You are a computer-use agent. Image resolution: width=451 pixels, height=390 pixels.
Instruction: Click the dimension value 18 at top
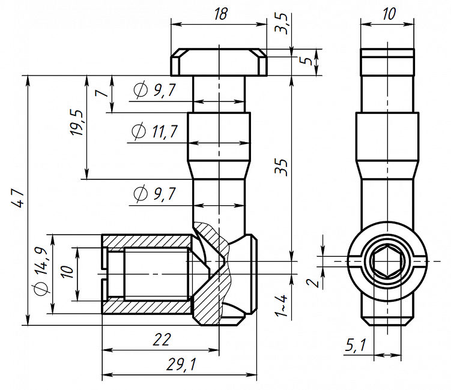pos(220,14)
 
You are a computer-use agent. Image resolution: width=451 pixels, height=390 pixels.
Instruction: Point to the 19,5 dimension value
pos(77,123)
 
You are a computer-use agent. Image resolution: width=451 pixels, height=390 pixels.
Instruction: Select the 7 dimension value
pos(101,93)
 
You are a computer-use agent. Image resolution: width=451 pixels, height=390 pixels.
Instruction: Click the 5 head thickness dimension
pos(309,61)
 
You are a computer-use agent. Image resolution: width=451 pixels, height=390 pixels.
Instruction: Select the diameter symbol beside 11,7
pos(139,131)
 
